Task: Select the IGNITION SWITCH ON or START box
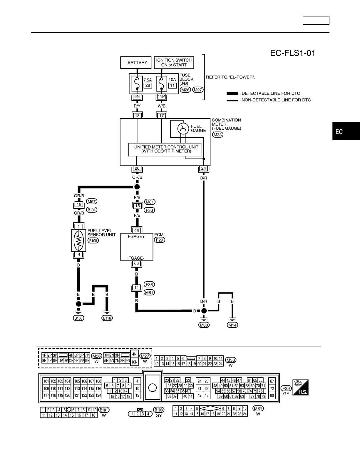coord(174,62)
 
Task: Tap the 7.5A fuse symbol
coord(137,83)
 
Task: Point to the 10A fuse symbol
coord(162,83)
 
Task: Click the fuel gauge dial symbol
coord(183,129)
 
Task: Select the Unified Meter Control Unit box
coord(165,149)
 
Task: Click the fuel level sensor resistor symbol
coord(79,240)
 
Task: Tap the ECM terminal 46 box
coord(136,230)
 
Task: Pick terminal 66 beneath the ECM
coord(136,263)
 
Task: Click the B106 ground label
coord(78,318)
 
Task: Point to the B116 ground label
coord(107,318)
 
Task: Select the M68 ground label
coord(204,325)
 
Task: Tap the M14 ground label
coord(232,325)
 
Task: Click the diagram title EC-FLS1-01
coord(292,53)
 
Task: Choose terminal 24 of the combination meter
coord(203,168)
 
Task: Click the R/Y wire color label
coord(137,106)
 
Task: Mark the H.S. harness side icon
coord(300,387)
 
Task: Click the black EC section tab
coord(346,131)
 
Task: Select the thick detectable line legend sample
coord(232,93)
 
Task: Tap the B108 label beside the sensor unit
coord(93,240)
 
